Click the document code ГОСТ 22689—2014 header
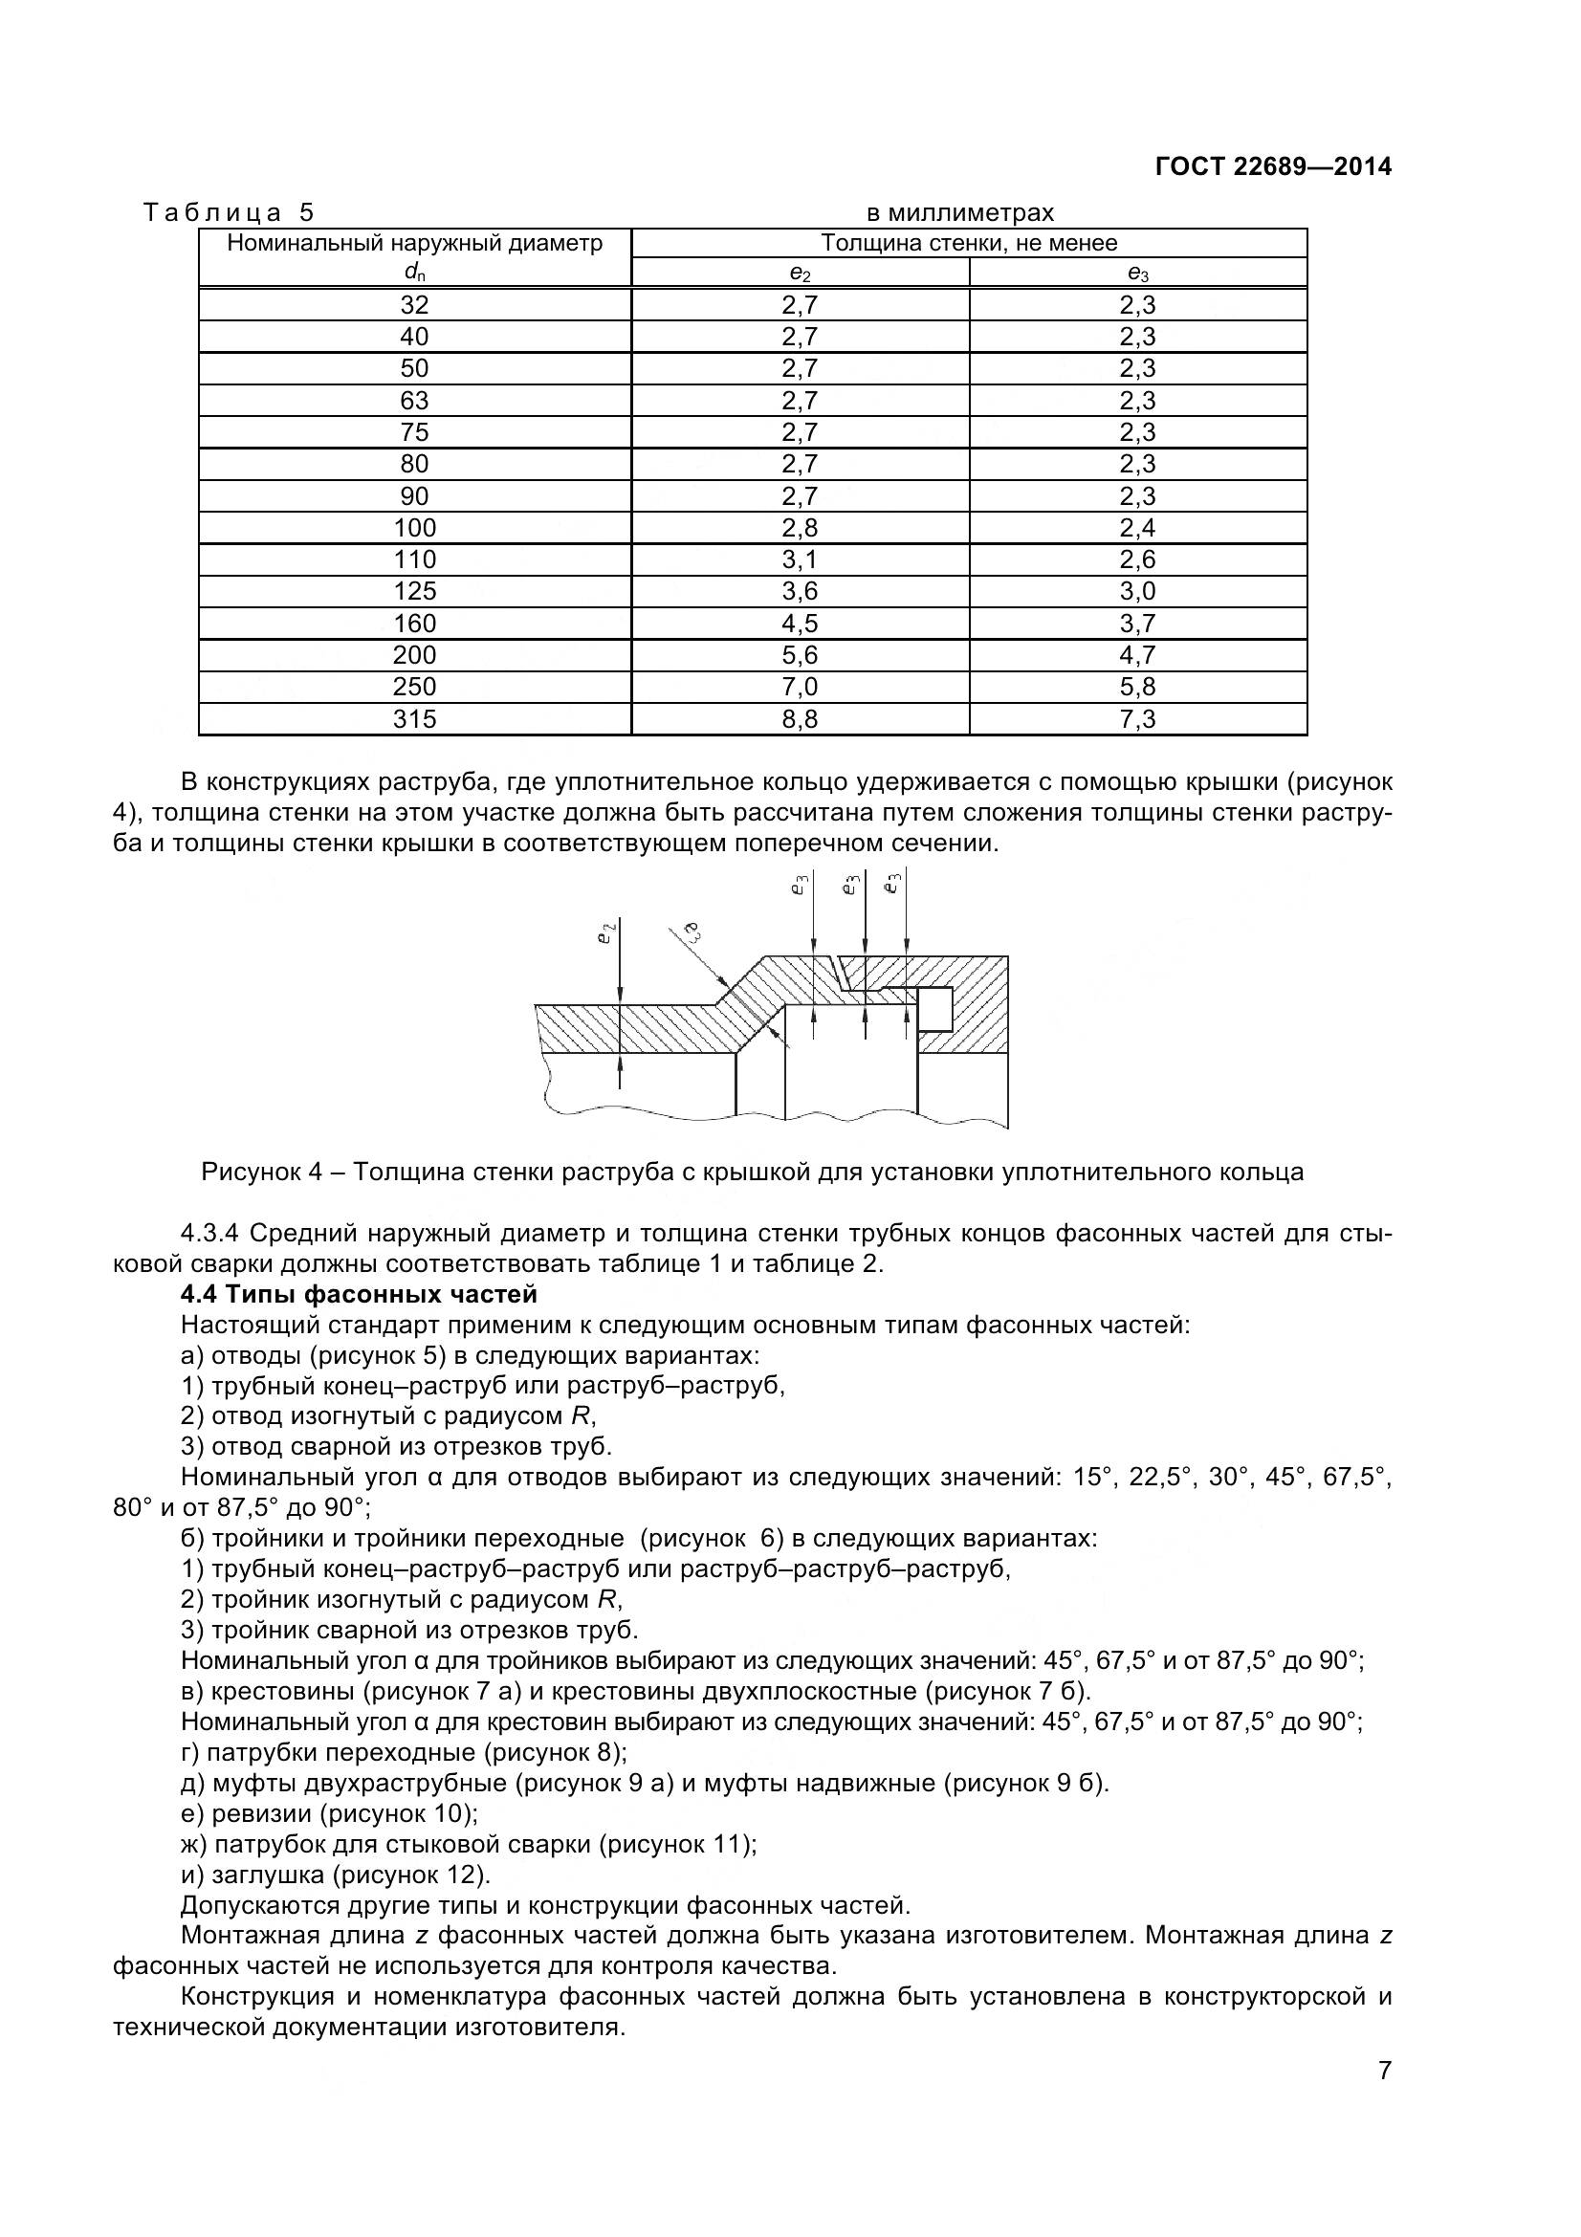[x=1272, y=166]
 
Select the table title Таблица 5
[x=229, y=212]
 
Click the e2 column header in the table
[x=800, y=274]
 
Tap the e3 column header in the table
[x=1137, y=274]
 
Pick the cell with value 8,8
[x=800, y=719]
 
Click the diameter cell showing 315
[x=415, y=719]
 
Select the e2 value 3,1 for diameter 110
[x=800, y=559]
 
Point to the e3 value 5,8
[x=1137, y=687]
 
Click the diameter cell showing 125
[x=415, y=591]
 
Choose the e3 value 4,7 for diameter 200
[x=1137, y=655]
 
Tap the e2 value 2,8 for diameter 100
[x=800, y=528]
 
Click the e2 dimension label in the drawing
[x=604, y=934]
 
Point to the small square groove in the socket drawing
[x=935, y=1008]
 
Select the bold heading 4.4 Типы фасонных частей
[x=359, y=1295]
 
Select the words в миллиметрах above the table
[x=959, y=212]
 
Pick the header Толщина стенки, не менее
[x=968, y=243]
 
